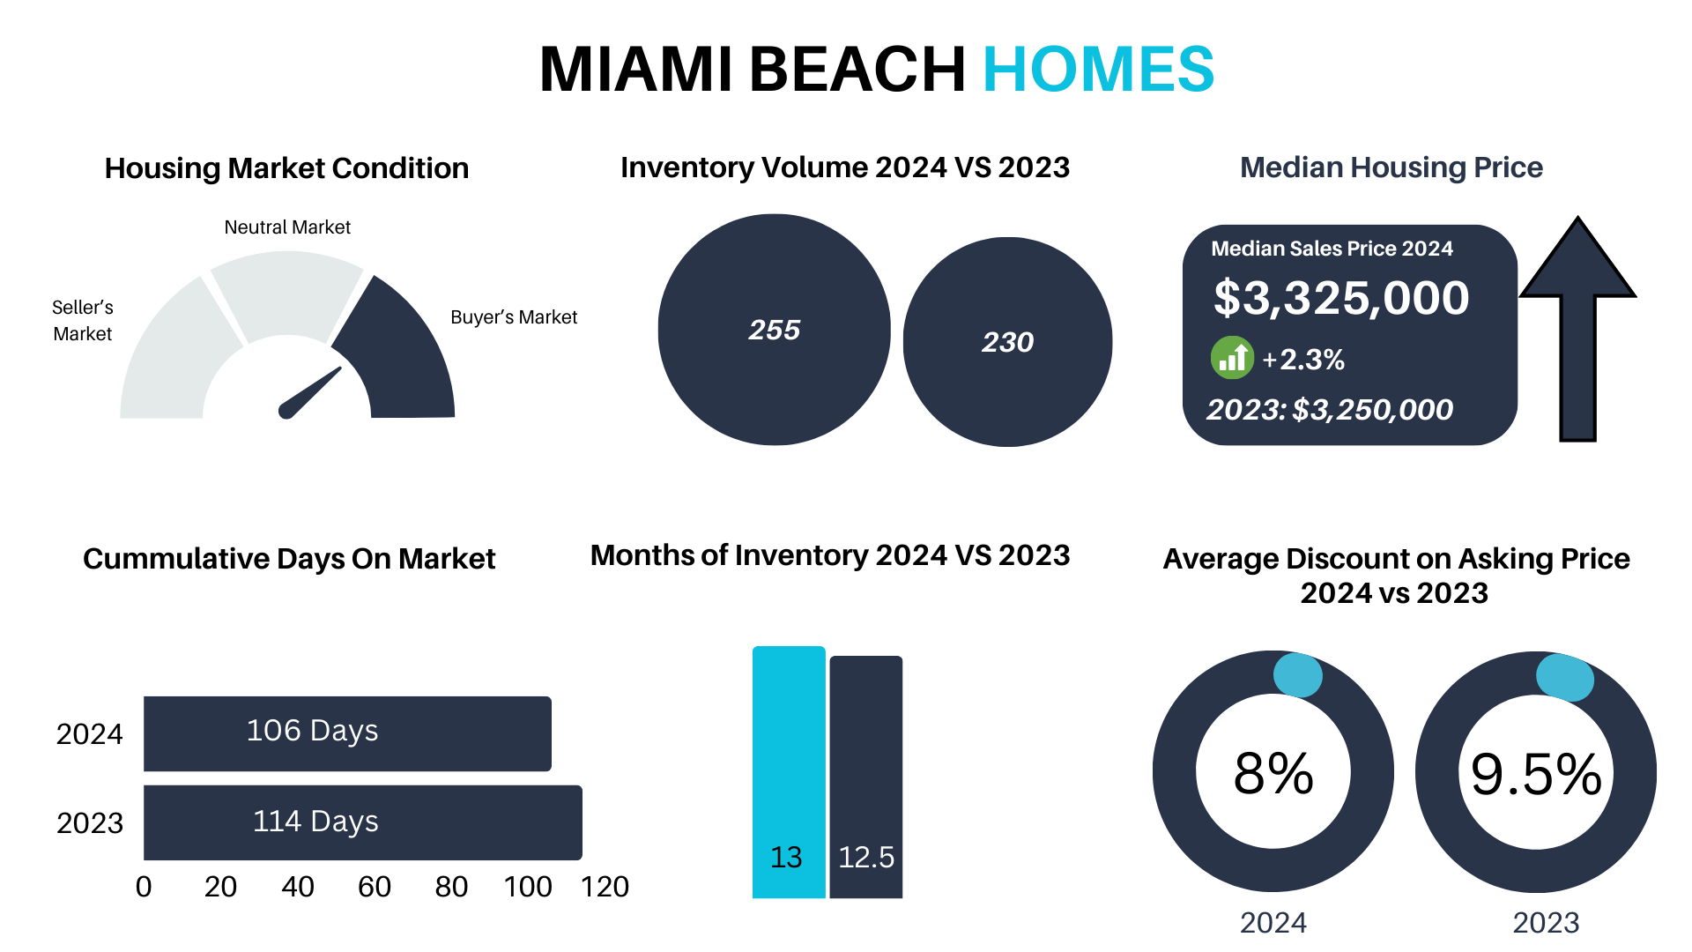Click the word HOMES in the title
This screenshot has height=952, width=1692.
point(1098,69)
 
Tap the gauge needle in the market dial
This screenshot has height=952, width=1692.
point(309,393)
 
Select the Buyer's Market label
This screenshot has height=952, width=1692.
point(514,317)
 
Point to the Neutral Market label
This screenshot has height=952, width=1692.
point(287,227)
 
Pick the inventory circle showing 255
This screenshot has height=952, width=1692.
point(774,330)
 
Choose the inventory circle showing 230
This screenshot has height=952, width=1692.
point(1007,342)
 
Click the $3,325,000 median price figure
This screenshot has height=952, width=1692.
point(1341,298)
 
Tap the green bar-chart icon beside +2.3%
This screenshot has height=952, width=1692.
point(1232,358)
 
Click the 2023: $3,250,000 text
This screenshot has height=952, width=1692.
point(1330,410)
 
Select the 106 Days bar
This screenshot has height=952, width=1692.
point(347,733)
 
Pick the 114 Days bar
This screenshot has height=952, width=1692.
point(362,822)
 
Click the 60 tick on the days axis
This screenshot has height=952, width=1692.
point(375,887)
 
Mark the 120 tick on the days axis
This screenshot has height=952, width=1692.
point(605,887)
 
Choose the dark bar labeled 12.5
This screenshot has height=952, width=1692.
point(866,777)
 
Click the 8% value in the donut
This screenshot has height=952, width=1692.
point(1273,774)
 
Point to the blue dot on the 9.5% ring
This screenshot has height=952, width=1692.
point(1565,677)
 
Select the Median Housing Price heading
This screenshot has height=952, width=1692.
point(1391,167)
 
